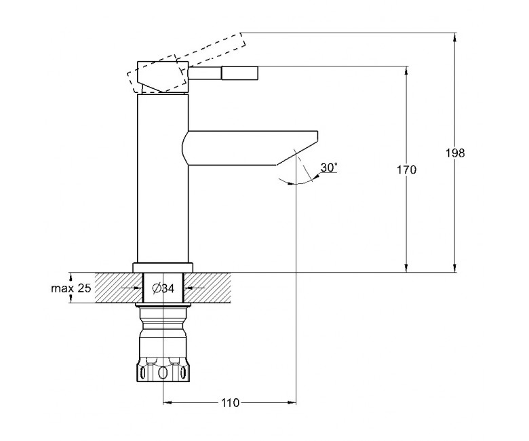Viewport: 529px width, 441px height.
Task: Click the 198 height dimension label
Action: click(455, 153)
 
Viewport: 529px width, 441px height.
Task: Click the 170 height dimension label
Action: click(406, 170)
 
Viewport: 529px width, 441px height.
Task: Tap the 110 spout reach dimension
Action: click(230, 402)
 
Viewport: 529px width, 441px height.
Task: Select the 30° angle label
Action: click(329, 168)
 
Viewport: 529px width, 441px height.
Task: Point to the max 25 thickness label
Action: click(71, 288)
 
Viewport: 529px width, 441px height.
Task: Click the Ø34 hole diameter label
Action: click(163, 288)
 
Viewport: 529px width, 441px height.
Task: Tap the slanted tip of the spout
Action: click(297, 149)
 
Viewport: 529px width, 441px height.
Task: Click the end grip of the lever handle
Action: click(240, 73)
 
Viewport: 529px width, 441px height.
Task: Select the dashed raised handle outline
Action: click(186, 63)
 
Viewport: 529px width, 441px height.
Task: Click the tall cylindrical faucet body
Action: click(163, 179)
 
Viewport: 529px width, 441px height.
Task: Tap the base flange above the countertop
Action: click(163, 267)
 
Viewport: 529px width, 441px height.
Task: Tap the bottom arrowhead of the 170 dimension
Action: click(406, 268)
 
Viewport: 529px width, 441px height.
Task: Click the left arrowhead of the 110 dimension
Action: click(168, 402)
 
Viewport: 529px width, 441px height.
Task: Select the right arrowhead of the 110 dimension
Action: click(292, 402)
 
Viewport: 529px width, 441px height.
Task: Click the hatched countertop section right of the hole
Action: click(208, 288)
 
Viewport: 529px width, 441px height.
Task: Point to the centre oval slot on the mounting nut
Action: click(163, 373)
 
